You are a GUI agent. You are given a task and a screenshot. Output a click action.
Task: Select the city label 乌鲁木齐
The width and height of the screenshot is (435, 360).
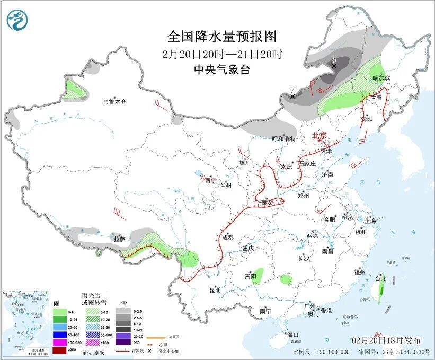(115, 101)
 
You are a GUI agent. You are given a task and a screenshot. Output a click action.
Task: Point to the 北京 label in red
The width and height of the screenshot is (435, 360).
(321, 135)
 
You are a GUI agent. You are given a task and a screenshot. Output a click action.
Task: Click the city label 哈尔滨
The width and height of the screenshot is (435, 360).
(381, 78)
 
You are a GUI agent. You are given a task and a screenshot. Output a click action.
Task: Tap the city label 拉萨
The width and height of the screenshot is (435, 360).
(119, 239)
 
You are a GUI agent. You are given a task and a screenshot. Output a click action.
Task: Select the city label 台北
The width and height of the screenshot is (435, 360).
(380, 278)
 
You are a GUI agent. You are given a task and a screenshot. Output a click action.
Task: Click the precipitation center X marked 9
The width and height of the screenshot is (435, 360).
(334, 66)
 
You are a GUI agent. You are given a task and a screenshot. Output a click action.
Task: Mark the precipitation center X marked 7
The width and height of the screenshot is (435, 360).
(292, 96)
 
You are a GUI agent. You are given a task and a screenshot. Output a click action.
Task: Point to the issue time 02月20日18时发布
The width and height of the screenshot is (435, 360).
(386, 340)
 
